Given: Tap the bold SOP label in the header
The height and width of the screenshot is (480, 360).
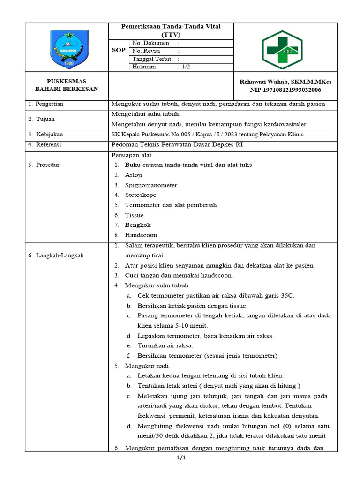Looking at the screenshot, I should (x=119, y=50).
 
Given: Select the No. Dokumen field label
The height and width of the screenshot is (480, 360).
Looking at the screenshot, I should (x=150, y=43).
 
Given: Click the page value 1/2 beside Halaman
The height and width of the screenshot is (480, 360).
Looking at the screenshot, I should (x=186, y=67).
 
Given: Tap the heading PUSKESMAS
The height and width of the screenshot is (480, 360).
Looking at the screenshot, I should (x=67, y=81).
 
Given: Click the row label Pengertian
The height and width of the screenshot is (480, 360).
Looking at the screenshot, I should (x=50, y=104).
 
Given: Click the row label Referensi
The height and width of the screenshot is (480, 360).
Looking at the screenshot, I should (x=49, y=145).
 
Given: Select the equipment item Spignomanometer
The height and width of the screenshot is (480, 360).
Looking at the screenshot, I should (x=151, y=185).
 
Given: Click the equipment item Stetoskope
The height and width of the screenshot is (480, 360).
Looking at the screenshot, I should (x=141, y=195).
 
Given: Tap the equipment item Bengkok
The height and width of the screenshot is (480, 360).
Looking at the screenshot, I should (x=138, y=225).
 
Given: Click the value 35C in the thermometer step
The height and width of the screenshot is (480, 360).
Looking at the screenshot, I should (x=287, y=296).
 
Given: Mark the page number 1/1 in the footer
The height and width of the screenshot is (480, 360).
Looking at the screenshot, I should (x=181, y=458).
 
